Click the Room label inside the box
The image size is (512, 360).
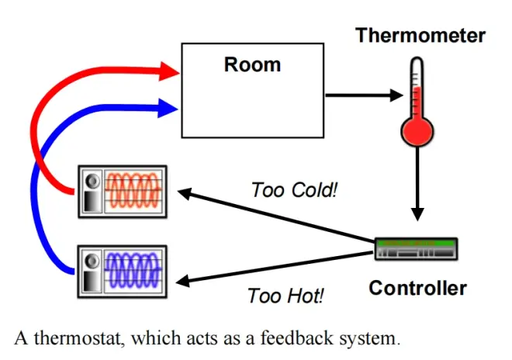pyautogui.click(x=252, y=64)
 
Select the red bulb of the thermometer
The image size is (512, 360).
pyautogui.click(x=418, y=127)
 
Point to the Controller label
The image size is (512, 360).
pyautogui.click(x=417, y=289)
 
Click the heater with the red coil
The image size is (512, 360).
pyautogui.click(x=122, y=191)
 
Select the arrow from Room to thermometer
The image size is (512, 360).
pyautogui.click(x=365, y=96)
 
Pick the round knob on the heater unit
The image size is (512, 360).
pyautogui.click(x=92, y=181)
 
